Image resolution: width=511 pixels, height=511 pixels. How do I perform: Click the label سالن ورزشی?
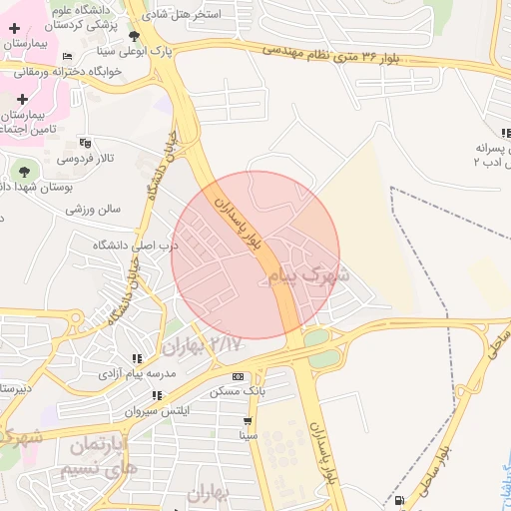[x=93, y=210]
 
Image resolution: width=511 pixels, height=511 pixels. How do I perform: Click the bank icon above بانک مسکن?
[x=237, y=376]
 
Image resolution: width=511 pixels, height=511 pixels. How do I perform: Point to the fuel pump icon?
[x=400, y=500]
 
